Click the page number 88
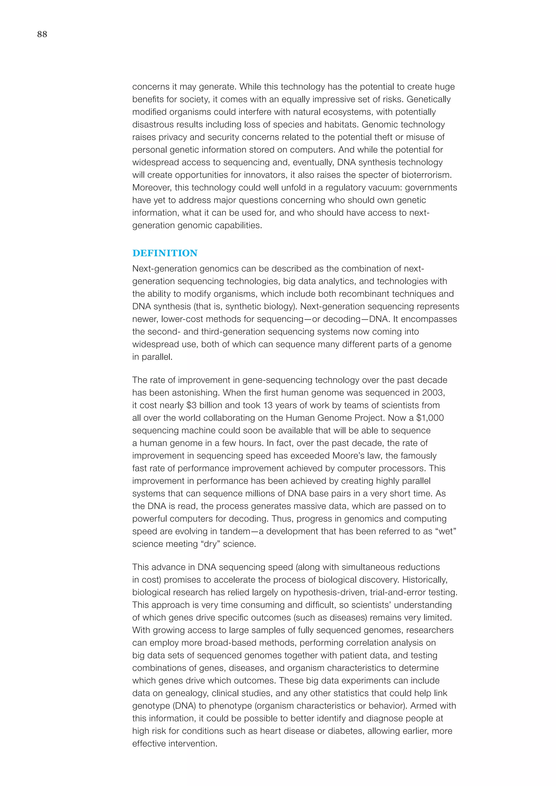(x=42, y=34)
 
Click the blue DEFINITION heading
(x=165, y=253)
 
